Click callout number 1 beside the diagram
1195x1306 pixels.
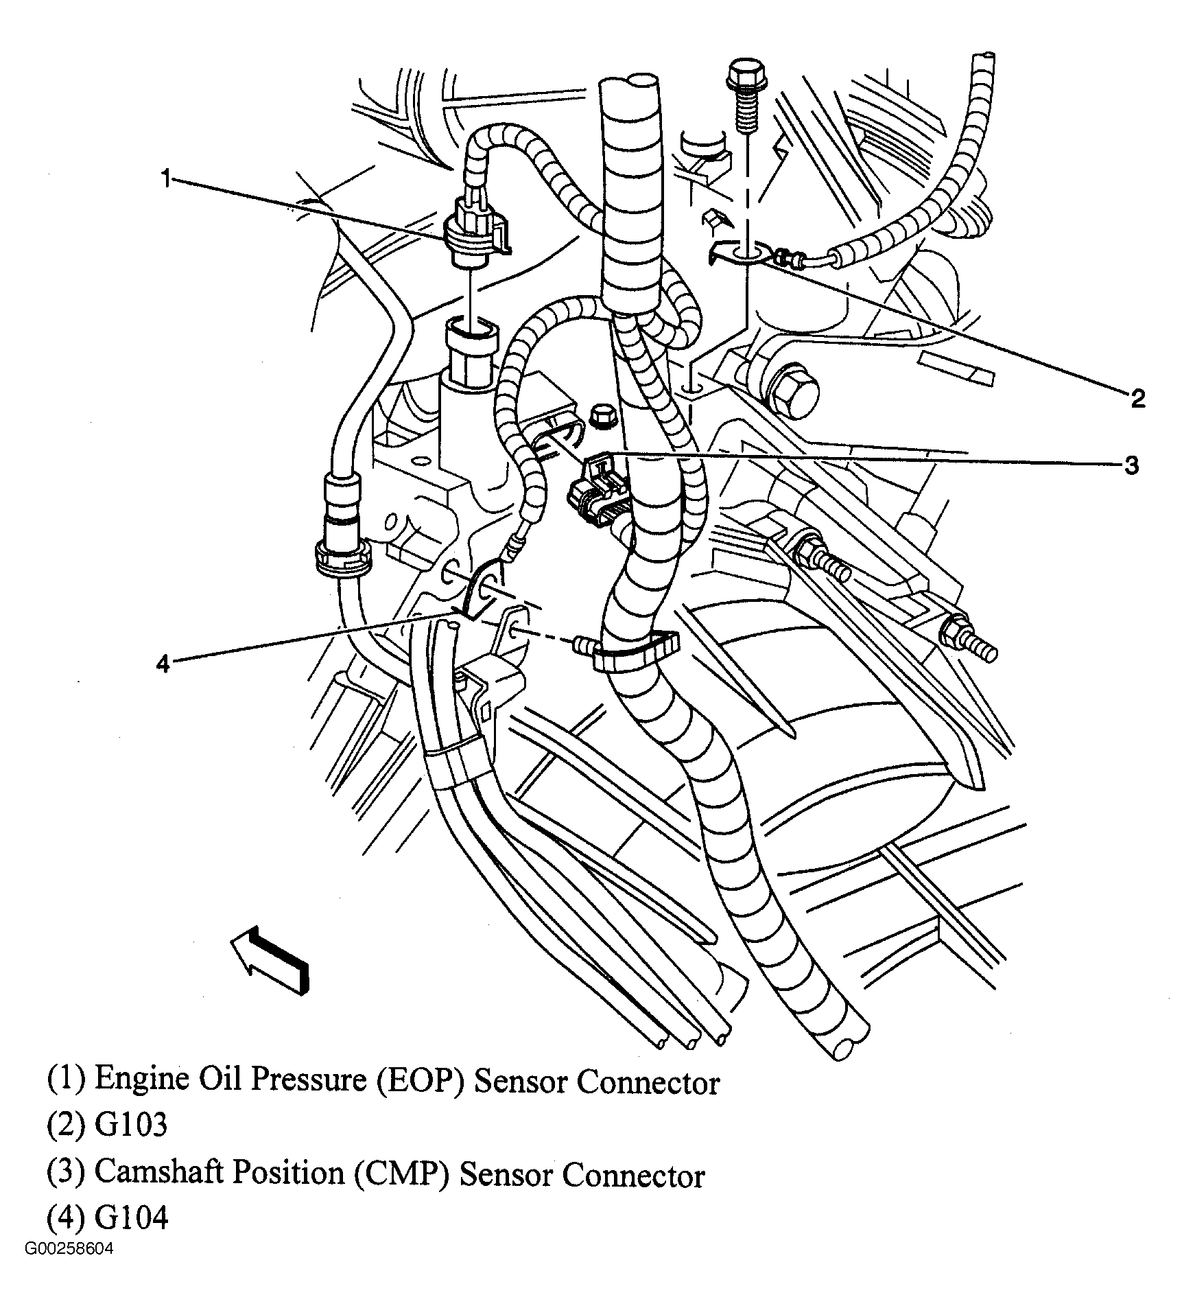pyautogui.click(x=165, y=162)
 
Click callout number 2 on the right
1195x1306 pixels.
pyautogui.click(x=1138, y=398)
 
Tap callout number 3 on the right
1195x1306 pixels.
pyautogui.click(x=1131, y=465)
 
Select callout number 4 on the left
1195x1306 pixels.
pyautogui.click(x=163, y=664)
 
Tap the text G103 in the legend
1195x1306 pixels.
pyautogui.click(x=131, y=1126)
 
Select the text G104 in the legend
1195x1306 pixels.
pyautogui.click(x=131, y=1219)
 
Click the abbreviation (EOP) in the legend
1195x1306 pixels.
pyautogui.click(x=421, y=1080)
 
